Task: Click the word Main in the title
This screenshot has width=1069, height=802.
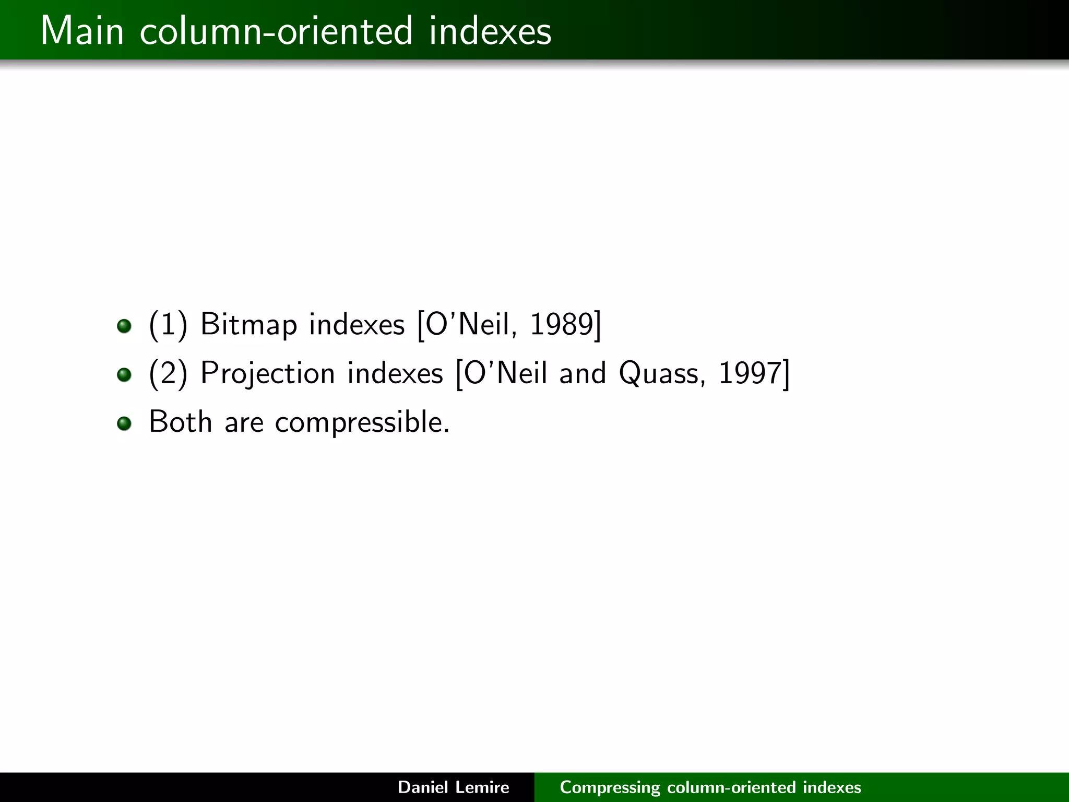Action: click(x=82, y=31)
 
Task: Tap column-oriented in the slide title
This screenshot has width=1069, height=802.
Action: click(x=276, y=31)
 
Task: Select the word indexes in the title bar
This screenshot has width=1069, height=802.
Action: click(x=490, y=31)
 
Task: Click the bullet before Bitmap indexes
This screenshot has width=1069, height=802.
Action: click(x=124, y=326)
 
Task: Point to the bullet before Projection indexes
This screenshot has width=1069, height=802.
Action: click(x=124, y=375)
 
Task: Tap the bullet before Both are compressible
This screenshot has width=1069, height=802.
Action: click(x=124, y=423)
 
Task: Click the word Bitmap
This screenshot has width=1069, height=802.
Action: click(x=248, y=325)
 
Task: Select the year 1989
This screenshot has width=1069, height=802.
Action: click(x=562, y=325)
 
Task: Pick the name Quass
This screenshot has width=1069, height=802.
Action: click(x=658, y=373)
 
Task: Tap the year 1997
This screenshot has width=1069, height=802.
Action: click(x=750, y=373)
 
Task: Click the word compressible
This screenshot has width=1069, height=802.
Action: click(x=362, y=422)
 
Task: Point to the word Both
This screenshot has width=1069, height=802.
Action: click(x=180, y=422)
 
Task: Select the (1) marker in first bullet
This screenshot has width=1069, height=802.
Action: click(x=168, y=325)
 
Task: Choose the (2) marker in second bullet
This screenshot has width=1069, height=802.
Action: click(x=168, y=373)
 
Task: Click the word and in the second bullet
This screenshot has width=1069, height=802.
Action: click(x=583, y=373)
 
